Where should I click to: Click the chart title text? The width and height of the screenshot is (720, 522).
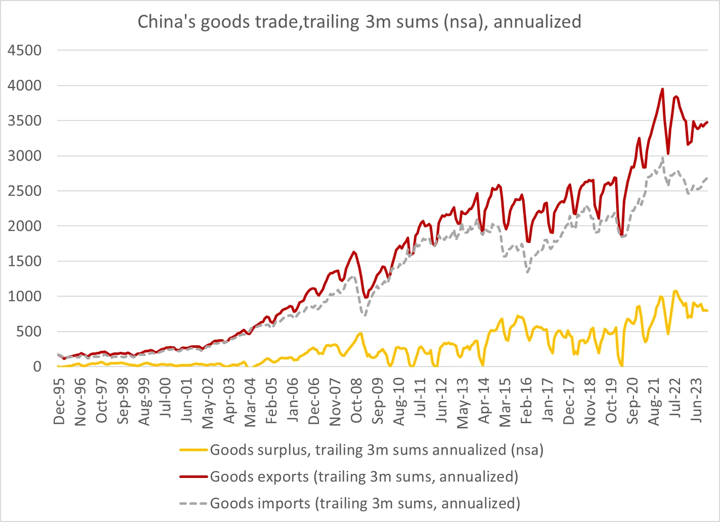(359, 22)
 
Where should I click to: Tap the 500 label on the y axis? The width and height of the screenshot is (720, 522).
(29, 332)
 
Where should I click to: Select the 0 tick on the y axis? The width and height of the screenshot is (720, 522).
(37, 367)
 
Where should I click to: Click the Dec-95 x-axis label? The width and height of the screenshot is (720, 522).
(60, 399)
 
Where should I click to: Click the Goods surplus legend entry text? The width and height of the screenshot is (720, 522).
(376, 450)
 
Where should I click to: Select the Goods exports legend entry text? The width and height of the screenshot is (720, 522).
(364, 477)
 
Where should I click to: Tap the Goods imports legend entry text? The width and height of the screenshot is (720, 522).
(365, 504)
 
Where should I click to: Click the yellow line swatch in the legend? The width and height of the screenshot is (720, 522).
(193, 450)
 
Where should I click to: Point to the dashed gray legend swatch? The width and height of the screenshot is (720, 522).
(193, 504)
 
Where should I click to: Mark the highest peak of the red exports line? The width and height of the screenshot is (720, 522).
(662, 89)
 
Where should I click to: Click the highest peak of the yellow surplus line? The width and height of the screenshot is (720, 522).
(675, 291)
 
